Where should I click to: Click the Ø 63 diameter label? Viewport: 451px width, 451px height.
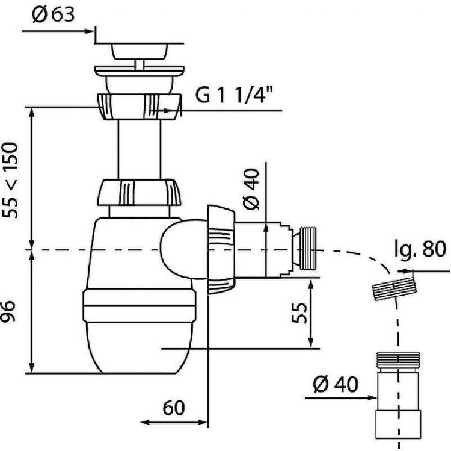click(53, 14)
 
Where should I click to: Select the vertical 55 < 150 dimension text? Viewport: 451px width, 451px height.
click(11, 180)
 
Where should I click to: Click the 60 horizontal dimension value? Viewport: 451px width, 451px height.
click(174, 408)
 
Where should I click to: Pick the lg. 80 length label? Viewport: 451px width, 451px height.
click(420, 249)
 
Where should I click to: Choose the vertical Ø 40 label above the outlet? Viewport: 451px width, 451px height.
click(251, 189)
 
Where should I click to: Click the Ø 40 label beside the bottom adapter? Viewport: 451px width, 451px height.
click(336, 384)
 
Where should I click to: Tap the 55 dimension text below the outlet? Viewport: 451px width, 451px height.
click(299, 313)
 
